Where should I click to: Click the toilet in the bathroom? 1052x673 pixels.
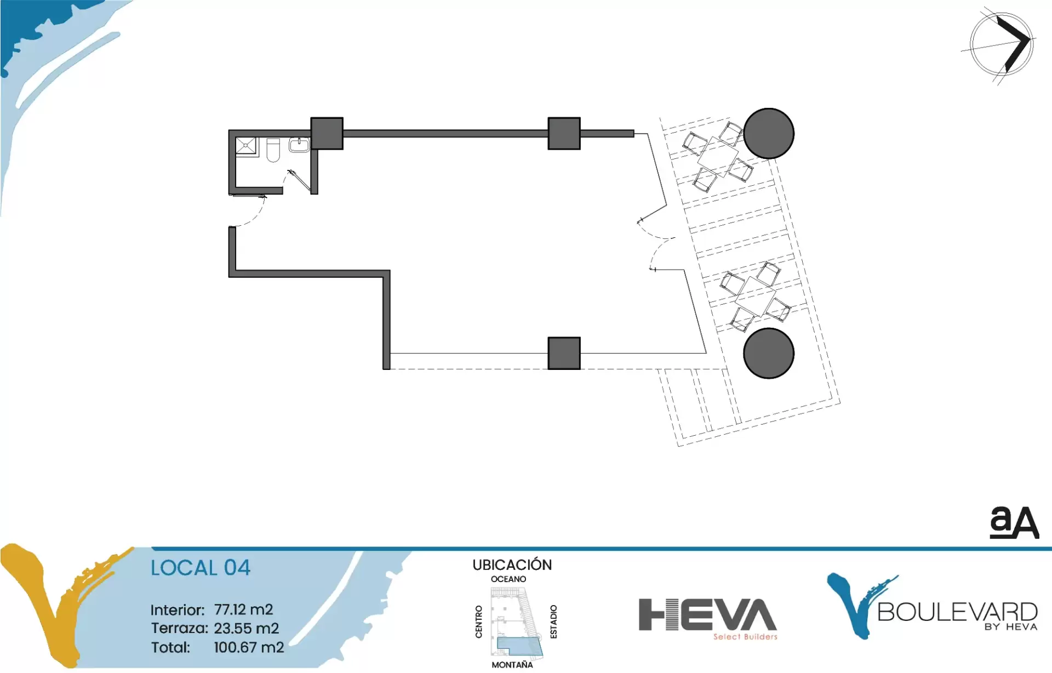click(273, 150)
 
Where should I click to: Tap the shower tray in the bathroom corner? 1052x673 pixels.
click(246, 146)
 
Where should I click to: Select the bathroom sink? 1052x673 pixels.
click(299, 145)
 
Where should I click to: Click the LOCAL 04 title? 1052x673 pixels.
click(201, 568)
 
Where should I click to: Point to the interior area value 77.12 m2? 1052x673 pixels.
click(243, 609)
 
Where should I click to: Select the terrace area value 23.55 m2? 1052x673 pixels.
click(247, 628)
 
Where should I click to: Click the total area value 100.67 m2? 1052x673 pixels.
click(249, 647)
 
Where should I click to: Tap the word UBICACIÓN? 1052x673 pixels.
click(512, 564)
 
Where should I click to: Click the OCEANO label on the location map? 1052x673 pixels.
click(508, 579)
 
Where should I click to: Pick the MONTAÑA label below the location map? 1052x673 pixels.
click(512, 665)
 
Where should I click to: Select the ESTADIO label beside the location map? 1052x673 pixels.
click(553, 621)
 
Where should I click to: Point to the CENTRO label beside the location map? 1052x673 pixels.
click(479, 621)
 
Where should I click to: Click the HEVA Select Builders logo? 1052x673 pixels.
click(707, 618)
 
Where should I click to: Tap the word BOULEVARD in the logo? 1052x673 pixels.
click(957, 612)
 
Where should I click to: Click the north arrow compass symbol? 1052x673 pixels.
click(1002, 44)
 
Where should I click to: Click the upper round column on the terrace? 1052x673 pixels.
click(769, 133)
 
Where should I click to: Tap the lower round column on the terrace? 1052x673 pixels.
click(769, 353)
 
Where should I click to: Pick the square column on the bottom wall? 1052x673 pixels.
click(564, 353)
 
